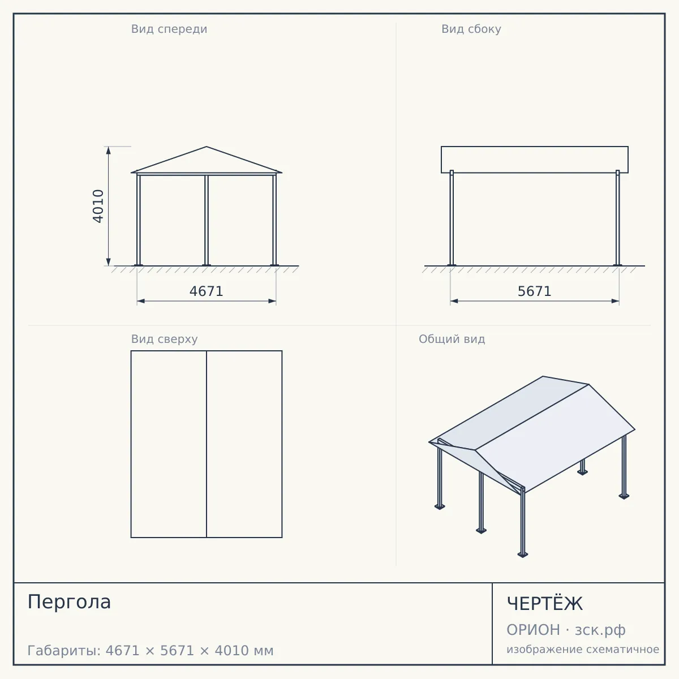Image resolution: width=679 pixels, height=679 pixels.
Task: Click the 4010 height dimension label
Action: click(x=98, y=206)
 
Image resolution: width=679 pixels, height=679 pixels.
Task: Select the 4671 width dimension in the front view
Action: click(x=207, y=291)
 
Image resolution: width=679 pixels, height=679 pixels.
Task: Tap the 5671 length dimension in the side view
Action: click(x=535, y=291)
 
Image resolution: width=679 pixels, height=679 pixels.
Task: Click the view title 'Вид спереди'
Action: click(x=169, y=29)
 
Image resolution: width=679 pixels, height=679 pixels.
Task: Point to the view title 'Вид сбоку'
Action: click(x=471, y=29)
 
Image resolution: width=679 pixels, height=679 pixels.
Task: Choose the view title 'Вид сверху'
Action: click(x=165, y=339)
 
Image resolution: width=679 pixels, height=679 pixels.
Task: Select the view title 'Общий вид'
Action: click(x=452, y=339)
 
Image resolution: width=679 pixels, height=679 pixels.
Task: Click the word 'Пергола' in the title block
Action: click(x=69, y=601)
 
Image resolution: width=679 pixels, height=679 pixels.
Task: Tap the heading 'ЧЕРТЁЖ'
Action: click(x=545, y=603)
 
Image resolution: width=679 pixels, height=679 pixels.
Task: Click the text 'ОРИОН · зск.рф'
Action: click(x=566, y=630)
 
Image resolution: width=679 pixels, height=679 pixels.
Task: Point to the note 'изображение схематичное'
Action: click(x=583, y=649)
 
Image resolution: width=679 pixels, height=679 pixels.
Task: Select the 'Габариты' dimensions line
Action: click(x=151, y=651)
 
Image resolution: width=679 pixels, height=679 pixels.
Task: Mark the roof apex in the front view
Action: click(x=207, y=147)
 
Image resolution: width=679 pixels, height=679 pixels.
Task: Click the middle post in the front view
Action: click(x=207, y=220)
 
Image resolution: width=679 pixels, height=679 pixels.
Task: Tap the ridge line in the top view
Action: click(x=207, y=444)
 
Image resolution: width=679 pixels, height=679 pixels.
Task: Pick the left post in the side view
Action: click(x=452, y=218)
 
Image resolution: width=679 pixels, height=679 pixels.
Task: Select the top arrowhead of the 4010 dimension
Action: click(x=109, y=151)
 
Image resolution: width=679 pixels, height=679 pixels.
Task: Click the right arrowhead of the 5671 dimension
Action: click(x=615, y=301)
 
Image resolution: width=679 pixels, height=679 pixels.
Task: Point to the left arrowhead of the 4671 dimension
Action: click(x=141, y=301)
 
